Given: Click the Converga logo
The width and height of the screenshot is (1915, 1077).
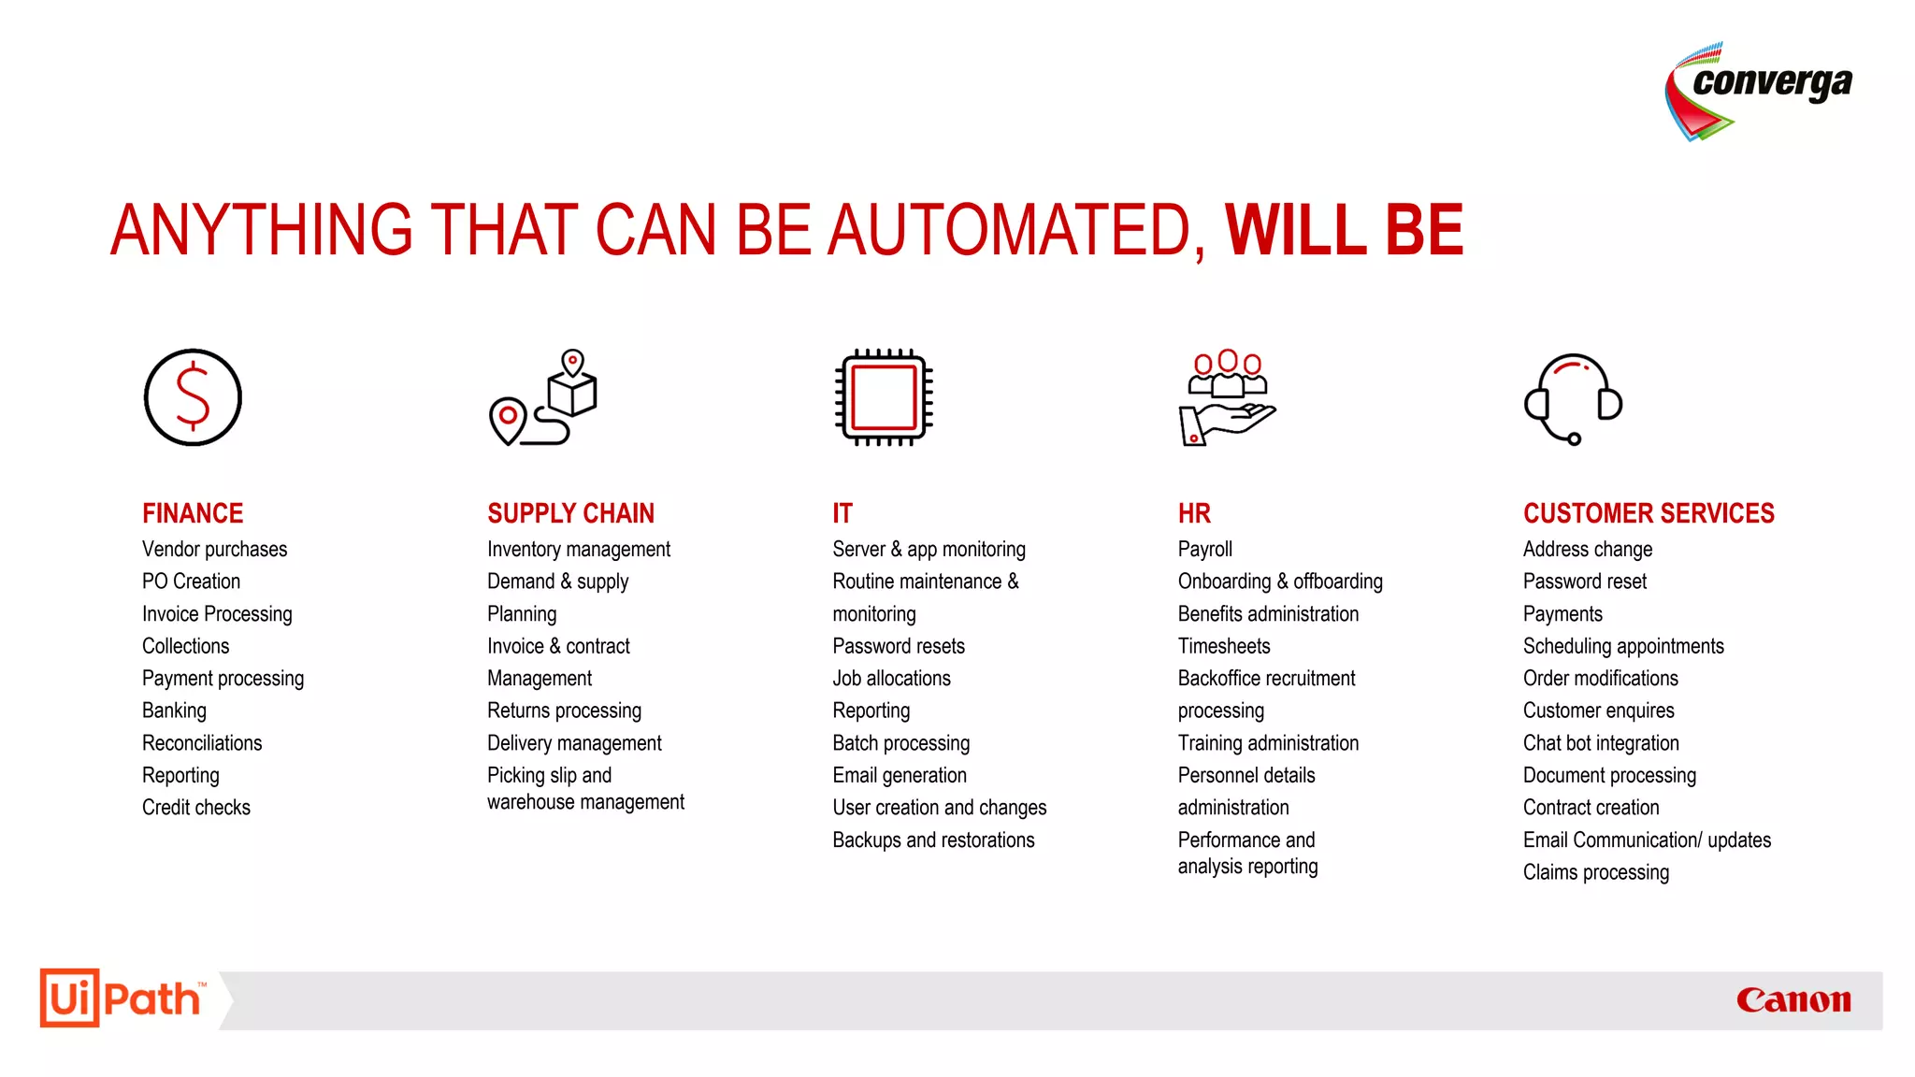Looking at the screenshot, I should coord(1758,92).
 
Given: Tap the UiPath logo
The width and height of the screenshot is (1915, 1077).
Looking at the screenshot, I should coord(122,998).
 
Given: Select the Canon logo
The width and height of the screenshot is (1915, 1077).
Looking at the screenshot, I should coord(1793,1000).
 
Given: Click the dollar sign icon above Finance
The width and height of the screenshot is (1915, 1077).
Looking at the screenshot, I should coord(193,397).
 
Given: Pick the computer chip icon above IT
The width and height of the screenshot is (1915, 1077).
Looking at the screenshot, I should coord(884,397).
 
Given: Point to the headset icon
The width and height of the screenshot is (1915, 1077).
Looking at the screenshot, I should coord(1573,397).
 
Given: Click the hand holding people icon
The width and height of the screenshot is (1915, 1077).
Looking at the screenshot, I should coord(1227,397).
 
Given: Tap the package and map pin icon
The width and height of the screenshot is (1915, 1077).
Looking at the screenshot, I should coord(543,397).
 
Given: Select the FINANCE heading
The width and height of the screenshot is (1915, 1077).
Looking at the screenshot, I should coord(193,513).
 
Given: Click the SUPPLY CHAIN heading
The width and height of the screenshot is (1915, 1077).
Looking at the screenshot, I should coord(570,513).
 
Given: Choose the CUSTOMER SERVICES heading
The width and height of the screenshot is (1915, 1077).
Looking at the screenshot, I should coord(1649,513).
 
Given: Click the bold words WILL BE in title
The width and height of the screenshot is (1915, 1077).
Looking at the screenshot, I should coord(1344,230).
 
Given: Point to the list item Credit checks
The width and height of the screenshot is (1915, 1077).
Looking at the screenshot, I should coord(196,808).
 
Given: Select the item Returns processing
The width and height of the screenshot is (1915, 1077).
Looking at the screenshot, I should coord(564,711).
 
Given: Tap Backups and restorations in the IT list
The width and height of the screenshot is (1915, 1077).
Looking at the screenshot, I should coord(933,840).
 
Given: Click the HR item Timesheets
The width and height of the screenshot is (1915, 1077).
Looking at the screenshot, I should coord(1224,646).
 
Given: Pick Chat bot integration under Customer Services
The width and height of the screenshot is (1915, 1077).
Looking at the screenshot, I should coord(1601,743).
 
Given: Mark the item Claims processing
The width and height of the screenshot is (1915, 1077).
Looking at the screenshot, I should coord(1595,872).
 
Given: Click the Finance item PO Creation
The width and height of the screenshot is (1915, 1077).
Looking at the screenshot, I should coord(191,582).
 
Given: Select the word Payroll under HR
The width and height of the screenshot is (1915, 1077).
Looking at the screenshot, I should coord(1205,550).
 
